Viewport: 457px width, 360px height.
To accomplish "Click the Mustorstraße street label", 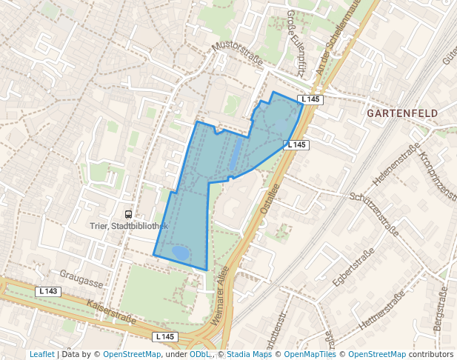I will coord(238,56).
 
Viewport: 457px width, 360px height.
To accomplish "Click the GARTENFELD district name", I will coord(402,113).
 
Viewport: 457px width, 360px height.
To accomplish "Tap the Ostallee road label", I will coord(270,199).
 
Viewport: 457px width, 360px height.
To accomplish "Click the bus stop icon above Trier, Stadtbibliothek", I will coord(129,214).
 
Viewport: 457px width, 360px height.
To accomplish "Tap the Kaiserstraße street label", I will coord(111,312).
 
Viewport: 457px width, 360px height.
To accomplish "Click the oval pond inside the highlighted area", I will coord(180,253).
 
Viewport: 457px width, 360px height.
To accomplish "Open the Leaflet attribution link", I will coord(42,355).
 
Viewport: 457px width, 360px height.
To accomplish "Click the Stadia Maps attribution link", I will coord(249,355).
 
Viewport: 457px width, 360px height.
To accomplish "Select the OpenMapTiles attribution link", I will coord(310,355).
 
